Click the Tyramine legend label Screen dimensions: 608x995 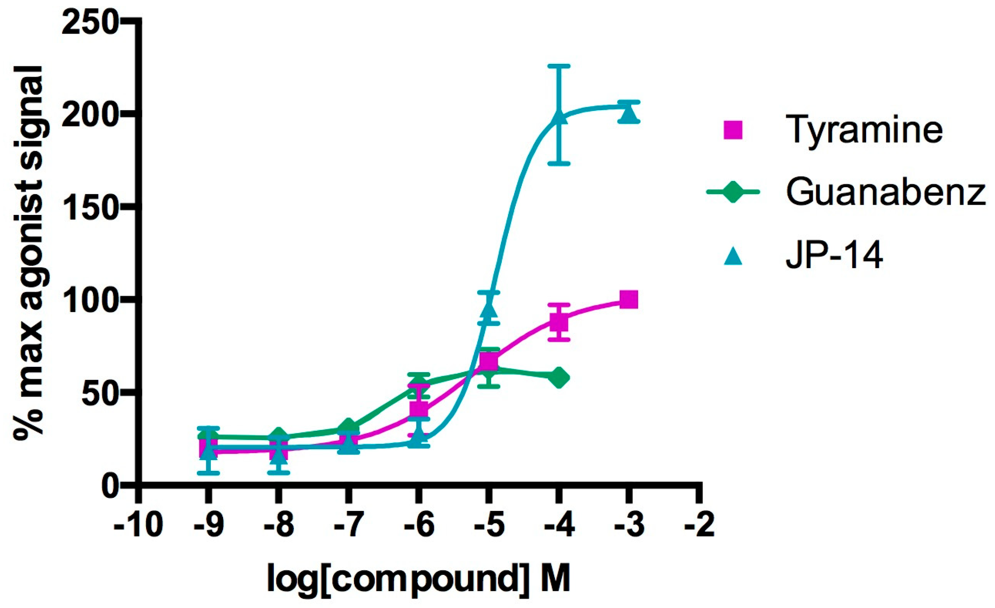click(864, 130)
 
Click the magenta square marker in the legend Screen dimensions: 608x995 click(733, 130)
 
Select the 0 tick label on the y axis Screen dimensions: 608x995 click(109, 486)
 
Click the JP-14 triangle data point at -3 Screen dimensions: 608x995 click(629, 114)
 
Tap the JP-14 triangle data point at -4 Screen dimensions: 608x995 click(559, 116)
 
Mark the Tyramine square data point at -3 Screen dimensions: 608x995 click(629, 300)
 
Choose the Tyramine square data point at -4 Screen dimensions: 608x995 click(559, 322)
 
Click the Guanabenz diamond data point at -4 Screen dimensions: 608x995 click(559, 377)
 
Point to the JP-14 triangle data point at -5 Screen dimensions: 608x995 click(489, 309)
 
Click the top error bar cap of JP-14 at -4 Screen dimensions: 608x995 click(559, 66)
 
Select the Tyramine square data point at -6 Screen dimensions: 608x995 click(419, 409)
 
